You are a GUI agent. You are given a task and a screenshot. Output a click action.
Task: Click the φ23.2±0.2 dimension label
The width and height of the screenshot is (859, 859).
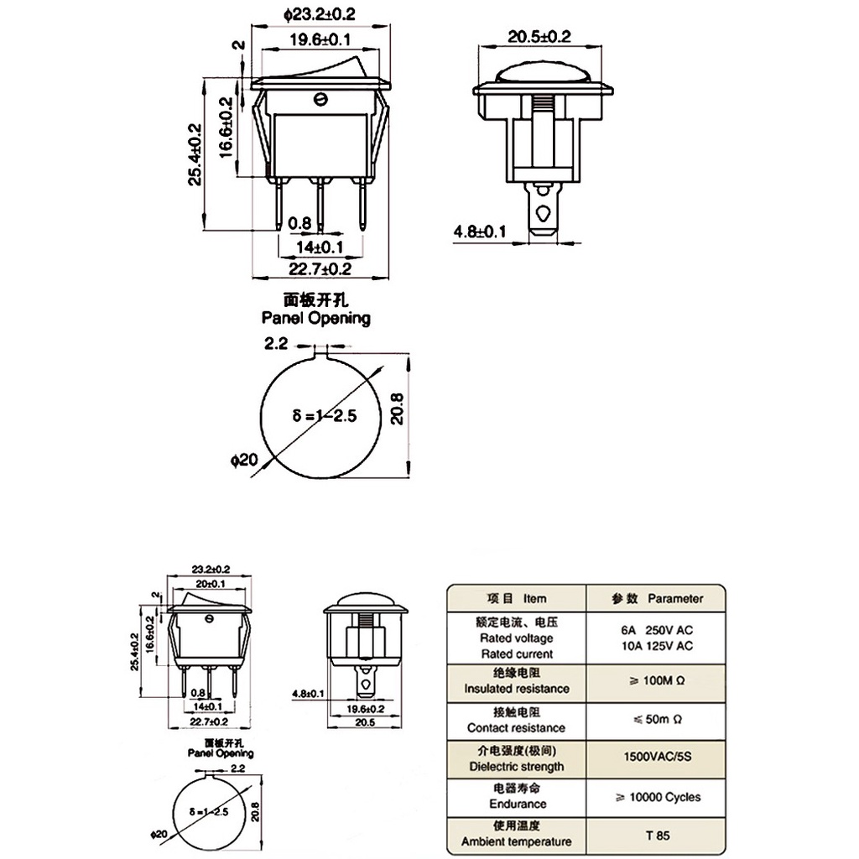click(320, 14)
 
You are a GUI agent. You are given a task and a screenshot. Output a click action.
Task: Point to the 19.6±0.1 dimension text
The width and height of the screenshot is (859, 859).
click(320, 39)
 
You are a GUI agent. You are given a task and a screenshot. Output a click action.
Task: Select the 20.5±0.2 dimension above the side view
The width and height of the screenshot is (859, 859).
click(539, 37)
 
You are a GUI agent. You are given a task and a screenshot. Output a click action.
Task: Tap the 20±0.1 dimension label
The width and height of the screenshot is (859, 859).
click(211, 584)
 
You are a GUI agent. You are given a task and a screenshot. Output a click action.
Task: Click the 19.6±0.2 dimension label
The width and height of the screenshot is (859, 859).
click(366, 709)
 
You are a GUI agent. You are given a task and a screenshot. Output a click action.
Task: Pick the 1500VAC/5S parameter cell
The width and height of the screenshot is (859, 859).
click(658, 757)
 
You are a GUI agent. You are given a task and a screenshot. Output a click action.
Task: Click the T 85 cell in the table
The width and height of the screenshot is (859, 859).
click(658, 836)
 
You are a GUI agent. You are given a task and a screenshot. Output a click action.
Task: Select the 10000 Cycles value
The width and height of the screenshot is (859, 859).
click(658, 797)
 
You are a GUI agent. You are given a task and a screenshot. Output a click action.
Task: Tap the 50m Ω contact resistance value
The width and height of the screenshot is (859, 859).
click(658, 719)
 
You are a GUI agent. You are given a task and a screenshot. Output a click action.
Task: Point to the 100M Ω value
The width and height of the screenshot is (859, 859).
click(658, 680)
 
